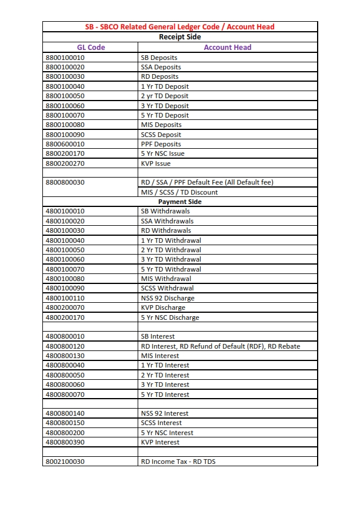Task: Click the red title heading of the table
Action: click(180, 26)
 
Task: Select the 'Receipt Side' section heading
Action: click(180, 36)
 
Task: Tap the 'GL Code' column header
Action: click(91, 47)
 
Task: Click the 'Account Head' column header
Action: click(228, 47)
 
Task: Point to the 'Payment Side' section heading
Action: click(180, 202)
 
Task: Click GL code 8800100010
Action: click(65, 58)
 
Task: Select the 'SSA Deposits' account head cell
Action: click(161, 67)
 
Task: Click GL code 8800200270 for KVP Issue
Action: click(65, 163)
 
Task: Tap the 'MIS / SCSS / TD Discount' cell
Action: click(179, 192)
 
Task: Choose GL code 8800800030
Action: click(65, 182)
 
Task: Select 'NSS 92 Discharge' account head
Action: click(168, 298)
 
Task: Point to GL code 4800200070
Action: click(65, 308)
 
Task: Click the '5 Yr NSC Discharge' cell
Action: click(170, 317)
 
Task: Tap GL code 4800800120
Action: click(65, 346)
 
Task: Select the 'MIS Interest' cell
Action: click(160, 356)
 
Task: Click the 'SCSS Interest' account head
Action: click(162, 423)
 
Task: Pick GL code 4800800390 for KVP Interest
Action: click(65, 442)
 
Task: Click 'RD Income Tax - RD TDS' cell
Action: click(178, 462)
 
